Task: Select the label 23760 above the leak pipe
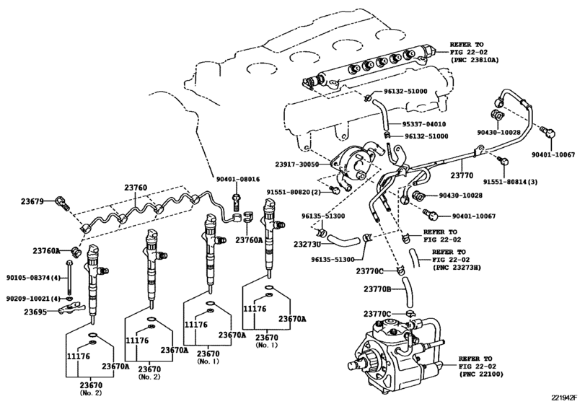(136, 188)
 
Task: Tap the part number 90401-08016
(237, 180)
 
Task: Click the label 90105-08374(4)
(32, 278)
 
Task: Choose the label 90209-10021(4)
(32, 298)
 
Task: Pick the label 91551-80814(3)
(514, 183)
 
